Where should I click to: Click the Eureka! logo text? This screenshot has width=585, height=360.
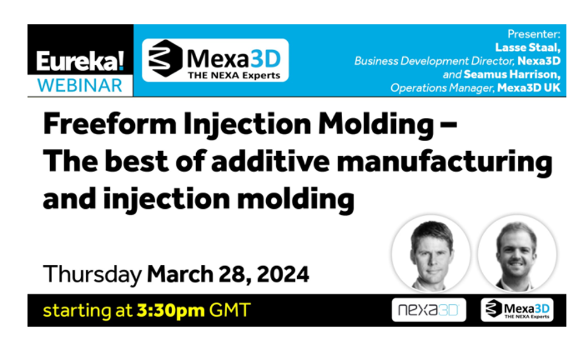pos(80,61)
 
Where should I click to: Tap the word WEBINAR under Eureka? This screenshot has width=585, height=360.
pos(80,86)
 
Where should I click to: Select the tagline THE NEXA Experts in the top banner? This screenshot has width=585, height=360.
pos(234,76)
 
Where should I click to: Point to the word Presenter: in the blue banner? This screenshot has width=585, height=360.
pos(534,34)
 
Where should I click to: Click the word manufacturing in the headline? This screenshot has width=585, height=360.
pos(445,162)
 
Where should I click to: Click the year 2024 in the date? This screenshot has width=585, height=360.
pos(283,274)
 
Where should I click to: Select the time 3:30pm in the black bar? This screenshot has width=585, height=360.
pos(170,310)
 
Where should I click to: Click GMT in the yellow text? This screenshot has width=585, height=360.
pos(230,310)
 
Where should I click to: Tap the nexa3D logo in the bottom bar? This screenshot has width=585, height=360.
pos(429,310)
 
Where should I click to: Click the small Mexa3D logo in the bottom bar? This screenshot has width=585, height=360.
pos(517,310)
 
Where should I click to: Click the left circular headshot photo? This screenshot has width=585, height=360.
pos(431,254)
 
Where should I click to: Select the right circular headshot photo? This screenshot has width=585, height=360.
pos(517,254)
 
